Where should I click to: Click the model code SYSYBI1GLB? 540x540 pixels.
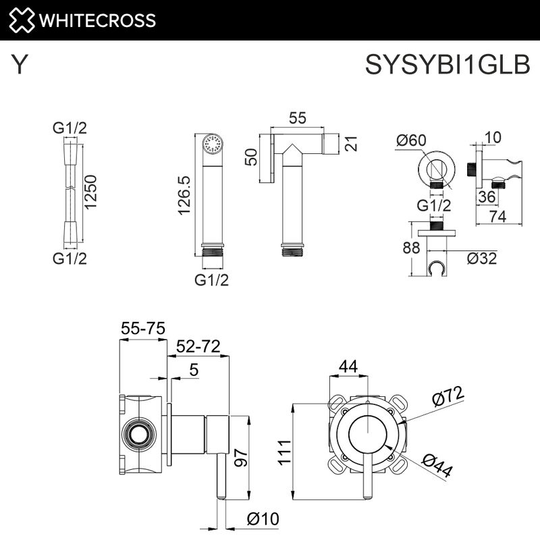click(447, 65)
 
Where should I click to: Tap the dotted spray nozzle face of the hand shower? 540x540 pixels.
click(213, 144)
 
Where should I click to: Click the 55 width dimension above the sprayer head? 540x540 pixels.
click(297, 117)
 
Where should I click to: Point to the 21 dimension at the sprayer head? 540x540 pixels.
click(351, 144)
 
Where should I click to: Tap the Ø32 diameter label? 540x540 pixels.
click(481, 258)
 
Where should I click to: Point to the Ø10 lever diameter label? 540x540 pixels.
click(263, 518)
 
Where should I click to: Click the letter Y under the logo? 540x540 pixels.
click(21, 65)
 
